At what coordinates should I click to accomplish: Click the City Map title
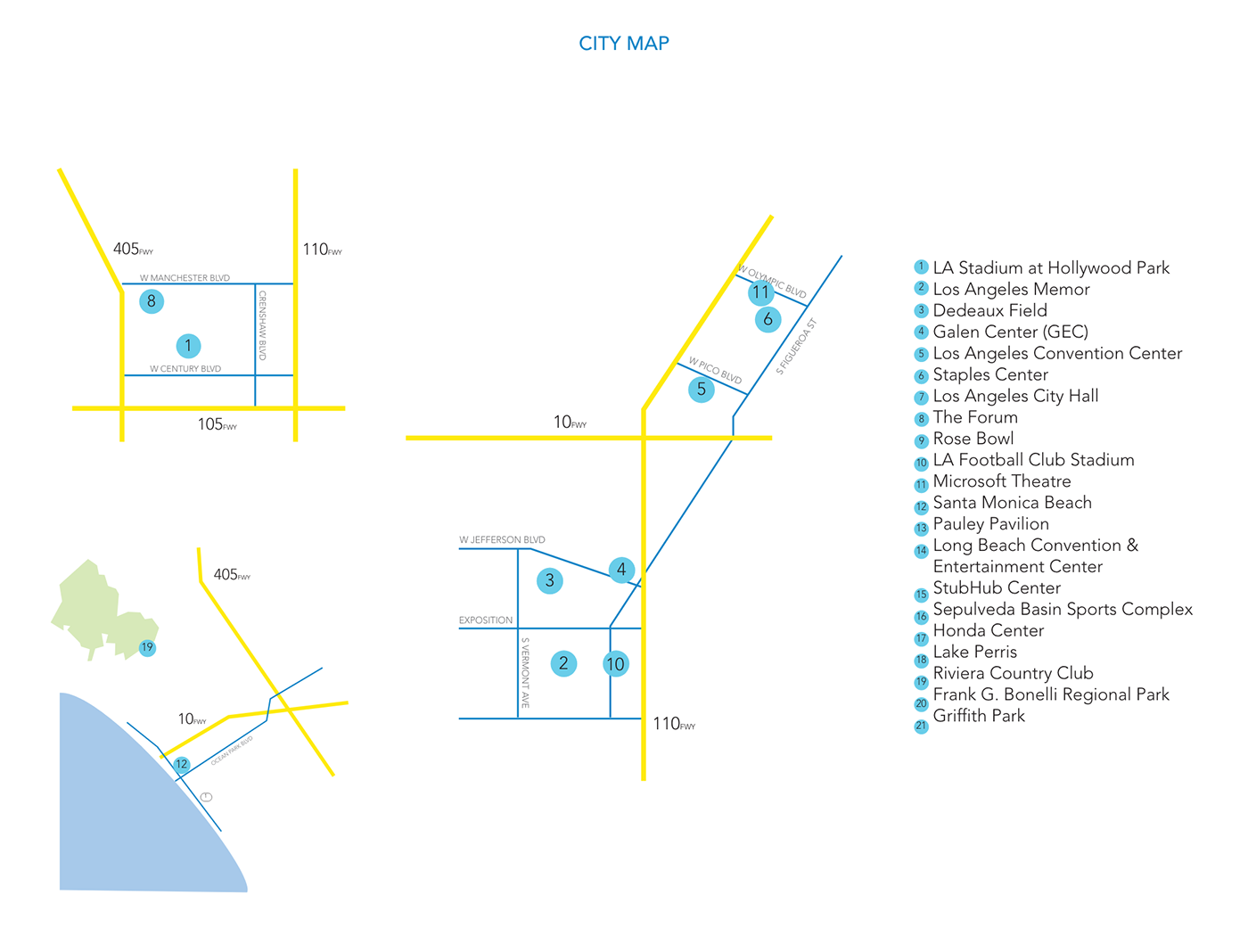click(x=624, y=44)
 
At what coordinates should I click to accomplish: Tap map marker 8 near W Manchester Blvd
click(x=152, y=301)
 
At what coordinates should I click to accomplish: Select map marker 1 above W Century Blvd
click(x=188, y=346)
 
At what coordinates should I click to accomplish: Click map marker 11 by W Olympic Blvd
click(x=760, y=292)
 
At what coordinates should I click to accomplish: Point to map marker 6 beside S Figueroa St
click(x=768, y=319)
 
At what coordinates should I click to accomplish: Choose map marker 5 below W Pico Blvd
click(x=702, y=390)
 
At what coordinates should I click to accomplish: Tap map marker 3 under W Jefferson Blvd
click(x=550, y=581)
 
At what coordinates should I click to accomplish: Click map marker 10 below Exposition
click(x=615, y=664)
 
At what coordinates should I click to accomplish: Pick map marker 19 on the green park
click(x=147, y=648)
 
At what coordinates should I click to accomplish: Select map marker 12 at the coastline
click(x=182, y=764)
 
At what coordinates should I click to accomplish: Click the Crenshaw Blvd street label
click(x=263, y=325)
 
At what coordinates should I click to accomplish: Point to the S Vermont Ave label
click(x=525, y=673)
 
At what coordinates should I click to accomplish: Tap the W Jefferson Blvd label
click(x=502, y=540)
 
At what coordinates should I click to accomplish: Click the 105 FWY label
click(x=217, y=425)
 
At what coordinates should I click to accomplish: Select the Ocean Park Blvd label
click(x=232, y=751)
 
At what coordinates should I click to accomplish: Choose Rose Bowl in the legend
click(x=973, y=439)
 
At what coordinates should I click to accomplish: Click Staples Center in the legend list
click(x=990, y=374)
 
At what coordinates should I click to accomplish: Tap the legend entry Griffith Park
click(x=979, y=716)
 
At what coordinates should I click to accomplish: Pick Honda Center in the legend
click(x=988, y=630)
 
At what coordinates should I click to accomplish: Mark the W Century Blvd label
click(x=185, y=369)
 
